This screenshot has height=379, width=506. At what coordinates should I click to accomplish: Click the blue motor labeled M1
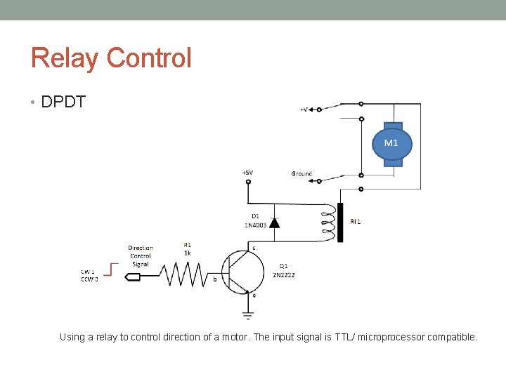(x=391, y=143)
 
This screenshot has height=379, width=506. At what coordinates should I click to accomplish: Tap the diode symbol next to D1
(x=274, y=222)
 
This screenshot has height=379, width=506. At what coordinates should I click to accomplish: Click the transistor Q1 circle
(x=242, y=270)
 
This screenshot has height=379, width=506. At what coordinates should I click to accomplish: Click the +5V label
(x=248, y=173)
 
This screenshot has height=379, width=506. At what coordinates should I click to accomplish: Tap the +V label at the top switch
(x=303, y=109)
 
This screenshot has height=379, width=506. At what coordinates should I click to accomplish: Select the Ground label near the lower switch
(x=301, y=173)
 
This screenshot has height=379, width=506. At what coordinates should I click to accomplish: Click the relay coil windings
(x=327, y=222)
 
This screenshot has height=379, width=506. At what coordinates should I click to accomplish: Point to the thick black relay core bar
(x=340, y=222)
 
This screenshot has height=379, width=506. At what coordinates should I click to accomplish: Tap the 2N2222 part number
(x=284, y=275)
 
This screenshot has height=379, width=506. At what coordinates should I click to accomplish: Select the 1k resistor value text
(x=188, y=253)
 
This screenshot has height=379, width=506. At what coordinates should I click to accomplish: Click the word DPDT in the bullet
(x=63, y=102)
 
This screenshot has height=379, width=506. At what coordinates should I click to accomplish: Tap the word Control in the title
(x=148, y=58)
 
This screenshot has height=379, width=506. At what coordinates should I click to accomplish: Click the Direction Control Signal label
(x=141, y=255)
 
